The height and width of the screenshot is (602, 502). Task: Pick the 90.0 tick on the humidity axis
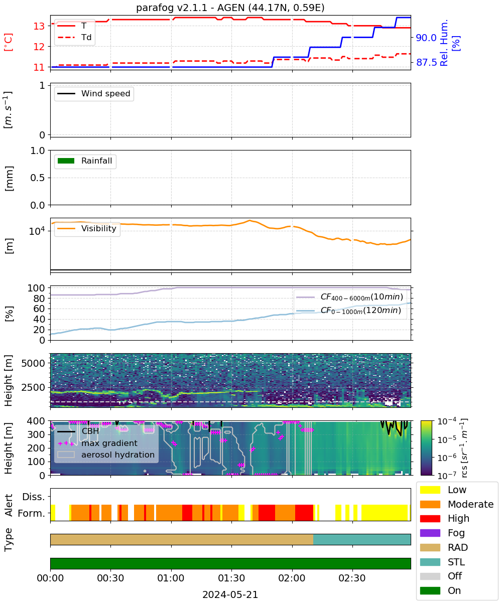tap(426, 38)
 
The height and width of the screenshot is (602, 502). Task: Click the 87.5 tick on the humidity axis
tap(426, 62)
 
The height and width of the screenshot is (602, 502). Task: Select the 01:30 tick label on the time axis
tap(231, 578)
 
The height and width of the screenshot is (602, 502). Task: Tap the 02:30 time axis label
tap(352, 578)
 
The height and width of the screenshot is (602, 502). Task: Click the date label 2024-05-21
tap(230, 594)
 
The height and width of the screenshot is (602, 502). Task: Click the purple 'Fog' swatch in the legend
tap(430, 533)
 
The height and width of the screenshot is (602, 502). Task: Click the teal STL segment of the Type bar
tap(362, 539)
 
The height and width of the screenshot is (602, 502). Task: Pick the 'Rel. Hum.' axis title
tap(444, 43)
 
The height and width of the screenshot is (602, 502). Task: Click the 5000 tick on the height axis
tap(33, 363)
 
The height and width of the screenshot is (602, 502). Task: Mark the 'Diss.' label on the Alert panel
tap(34, 497)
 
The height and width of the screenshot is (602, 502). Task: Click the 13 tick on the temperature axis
tap(39, 26)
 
